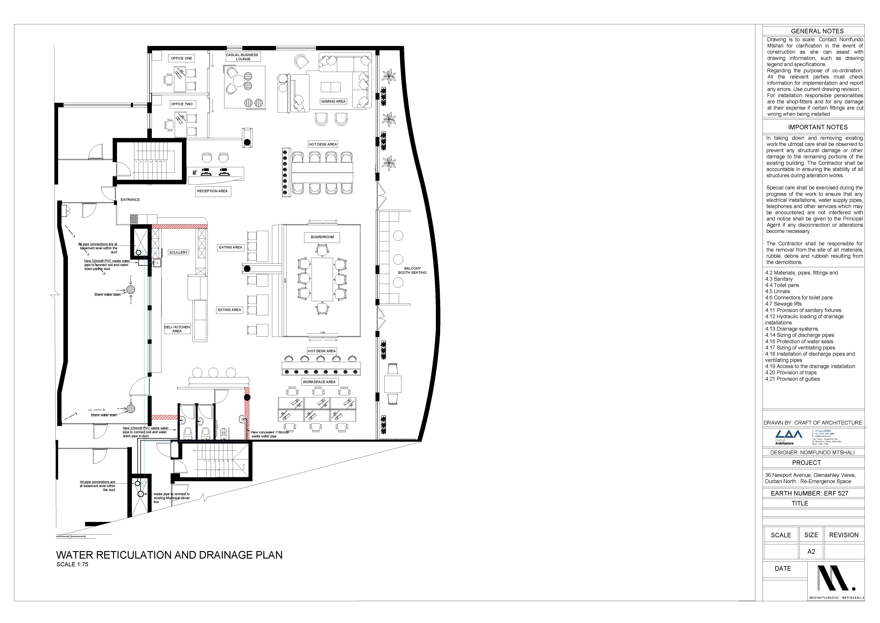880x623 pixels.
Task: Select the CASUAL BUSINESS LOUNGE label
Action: (x=243, y=57)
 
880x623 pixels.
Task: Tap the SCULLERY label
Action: (x=178, y=252)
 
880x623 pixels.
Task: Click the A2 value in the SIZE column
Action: (x=811, y=552)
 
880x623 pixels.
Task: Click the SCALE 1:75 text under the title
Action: (x=72, y=564)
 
